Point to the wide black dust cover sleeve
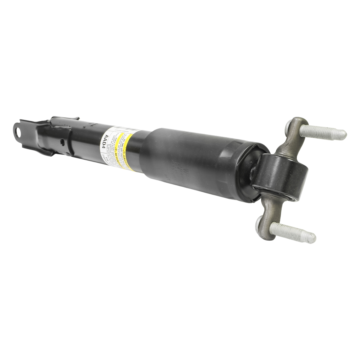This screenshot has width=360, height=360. tap(192, 162)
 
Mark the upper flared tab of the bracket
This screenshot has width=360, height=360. tap(64, 120)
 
